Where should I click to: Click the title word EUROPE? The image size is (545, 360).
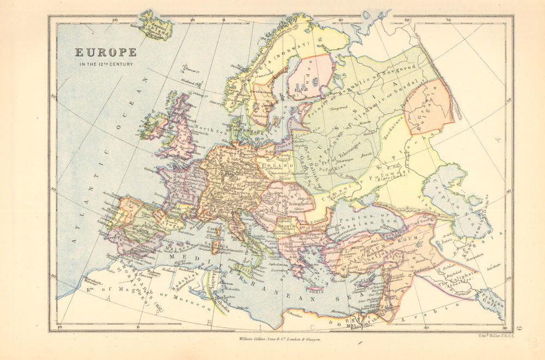106,53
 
